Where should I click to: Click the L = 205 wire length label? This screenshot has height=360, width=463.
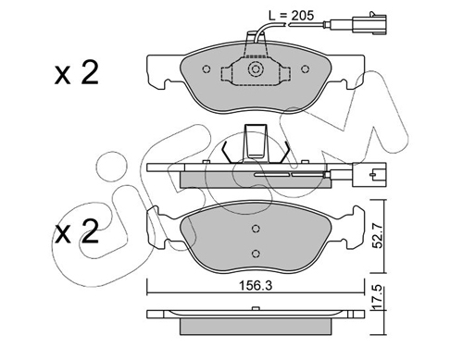point(292,16)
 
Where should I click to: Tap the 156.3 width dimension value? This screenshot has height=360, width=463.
point(256,286)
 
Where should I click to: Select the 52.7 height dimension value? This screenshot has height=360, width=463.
point(378,236)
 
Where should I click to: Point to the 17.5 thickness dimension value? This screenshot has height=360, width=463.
point(378,297)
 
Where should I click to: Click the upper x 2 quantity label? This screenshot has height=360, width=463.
point(77,73)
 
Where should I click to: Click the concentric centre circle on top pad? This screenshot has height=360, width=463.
point(256,69)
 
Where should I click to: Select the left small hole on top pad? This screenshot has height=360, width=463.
point(206,69)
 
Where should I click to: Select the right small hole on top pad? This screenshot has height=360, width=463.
point(305,69)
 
